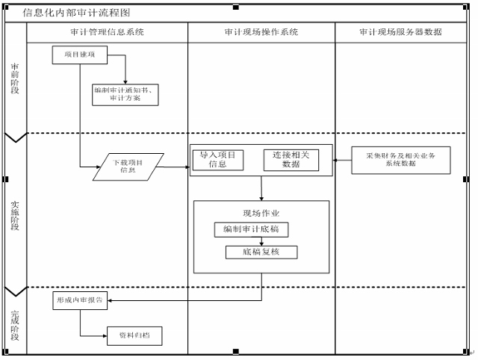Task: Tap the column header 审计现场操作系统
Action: tap(261, 33)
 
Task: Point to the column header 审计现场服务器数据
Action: tap(400, 33)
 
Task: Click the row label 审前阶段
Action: tap(15, 78)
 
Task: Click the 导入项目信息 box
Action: tap(217, 160)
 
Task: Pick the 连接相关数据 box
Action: tap(291, 160)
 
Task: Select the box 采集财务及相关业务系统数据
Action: tap(400, 161)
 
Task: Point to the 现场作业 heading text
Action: tap(261, 213)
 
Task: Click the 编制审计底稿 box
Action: tap(250, 229)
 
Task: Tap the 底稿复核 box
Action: tap(261, 252)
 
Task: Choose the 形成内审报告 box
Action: tap(81, 302)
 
